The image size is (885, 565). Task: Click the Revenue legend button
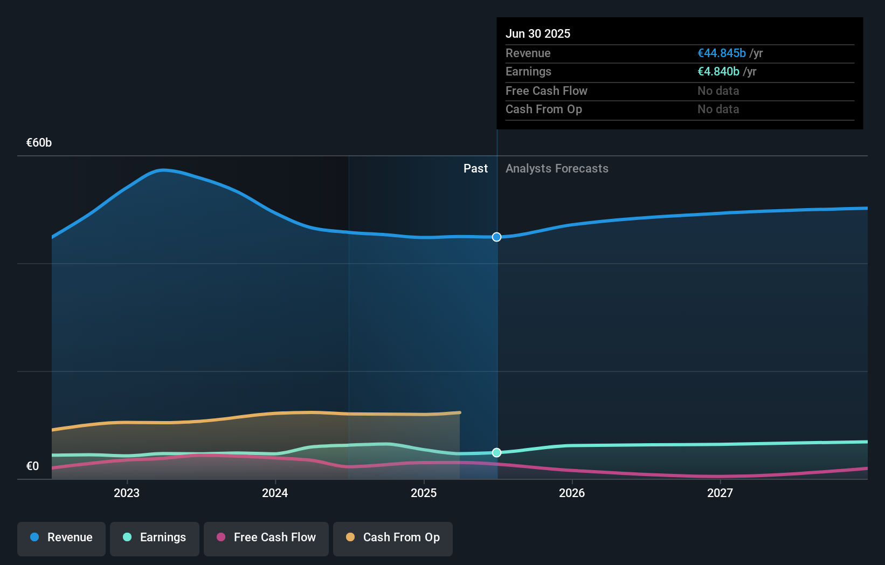point(61,538)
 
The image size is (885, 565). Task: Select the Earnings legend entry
point(155,538)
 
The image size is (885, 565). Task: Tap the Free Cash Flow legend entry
point(266,538)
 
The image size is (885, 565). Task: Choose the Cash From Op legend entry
point(393,538)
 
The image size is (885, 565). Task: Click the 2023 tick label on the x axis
point(127,493)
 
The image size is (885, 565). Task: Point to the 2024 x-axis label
point(275,493)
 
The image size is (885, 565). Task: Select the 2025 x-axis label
point(424,493)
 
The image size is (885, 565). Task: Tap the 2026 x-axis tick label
point(572,493)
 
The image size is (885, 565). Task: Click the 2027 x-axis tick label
point(720,493)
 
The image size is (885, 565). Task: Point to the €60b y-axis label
point(39,143)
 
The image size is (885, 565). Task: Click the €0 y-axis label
point(32,466)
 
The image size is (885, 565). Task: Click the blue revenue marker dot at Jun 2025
point(497,237)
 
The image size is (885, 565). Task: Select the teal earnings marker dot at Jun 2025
point(497,452)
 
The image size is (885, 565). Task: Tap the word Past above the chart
point(475,169)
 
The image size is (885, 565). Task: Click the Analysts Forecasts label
point(557,169)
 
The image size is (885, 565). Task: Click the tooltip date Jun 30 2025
point(538,34)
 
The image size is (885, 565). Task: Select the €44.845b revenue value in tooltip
point(721,53)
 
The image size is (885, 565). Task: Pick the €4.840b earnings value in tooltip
point(718,72)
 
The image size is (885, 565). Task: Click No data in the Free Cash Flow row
point(718,91)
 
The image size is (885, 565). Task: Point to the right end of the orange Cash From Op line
point(459,413)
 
